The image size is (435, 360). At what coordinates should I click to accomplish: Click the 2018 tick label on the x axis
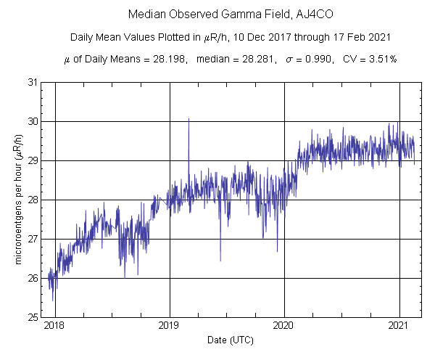click(54, 326)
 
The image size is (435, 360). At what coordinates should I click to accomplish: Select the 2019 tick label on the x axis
click(170, 326)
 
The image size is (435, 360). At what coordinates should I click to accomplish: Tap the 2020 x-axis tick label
click(284, 326)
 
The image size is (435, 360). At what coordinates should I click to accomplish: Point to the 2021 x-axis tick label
click(399, 326)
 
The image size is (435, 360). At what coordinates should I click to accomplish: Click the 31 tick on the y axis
click(33, 82)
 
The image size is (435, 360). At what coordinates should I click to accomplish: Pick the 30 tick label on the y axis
click(33, 121)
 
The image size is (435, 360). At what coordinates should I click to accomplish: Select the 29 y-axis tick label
click(33, 160)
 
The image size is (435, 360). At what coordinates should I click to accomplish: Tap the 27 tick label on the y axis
click(33, 239)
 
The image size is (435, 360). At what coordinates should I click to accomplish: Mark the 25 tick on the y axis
click(33, 317)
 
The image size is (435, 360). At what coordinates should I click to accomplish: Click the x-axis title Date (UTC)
click(227, 340)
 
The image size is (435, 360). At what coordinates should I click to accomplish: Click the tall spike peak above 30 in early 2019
click(188, 118)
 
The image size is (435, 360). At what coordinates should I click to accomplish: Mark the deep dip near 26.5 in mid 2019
click(220, 260)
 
